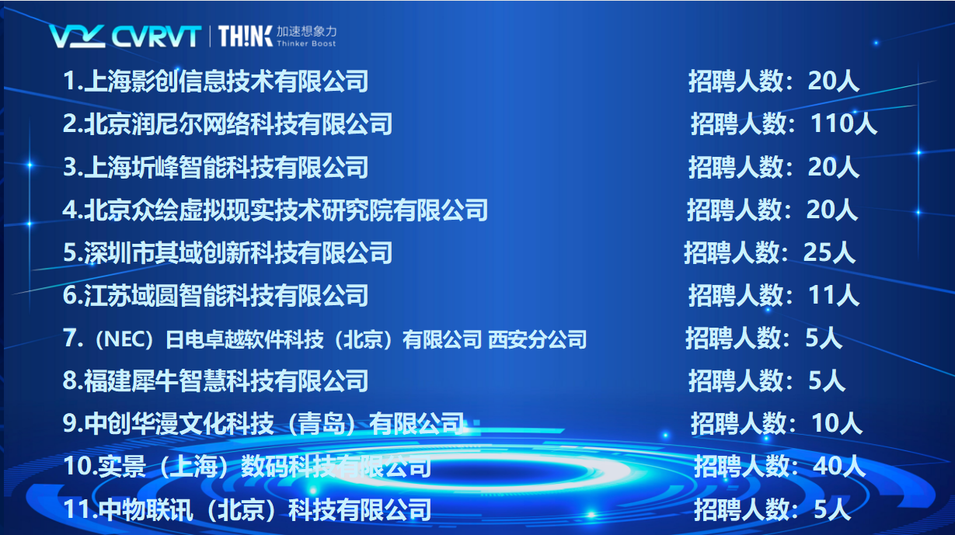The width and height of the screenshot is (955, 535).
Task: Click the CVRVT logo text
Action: coord(156,36)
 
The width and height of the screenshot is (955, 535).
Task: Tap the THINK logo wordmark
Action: coord(245,36)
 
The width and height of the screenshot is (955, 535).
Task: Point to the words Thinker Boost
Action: coord(306,43)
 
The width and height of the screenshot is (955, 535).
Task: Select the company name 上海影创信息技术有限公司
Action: coord(226,81)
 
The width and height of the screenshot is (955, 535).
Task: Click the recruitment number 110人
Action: coord(844,124)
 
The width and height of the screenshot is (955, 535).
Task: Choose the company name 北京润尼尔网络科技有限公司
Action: coord(238,124)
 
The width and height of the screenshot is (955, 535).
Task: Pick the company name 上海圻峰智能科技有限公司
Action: coord(226,167)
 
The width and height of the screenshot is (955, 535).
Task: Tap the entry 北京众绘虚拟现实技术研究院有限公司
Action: coord(286,210)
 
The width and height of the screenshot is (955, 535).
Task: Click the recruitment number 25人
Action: coord(829,252)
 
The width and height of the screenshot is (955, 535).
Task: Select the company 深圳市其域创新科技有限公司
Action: coord(238,252)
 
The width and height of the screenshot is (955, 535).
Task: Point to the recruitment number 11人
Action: coord(834,295)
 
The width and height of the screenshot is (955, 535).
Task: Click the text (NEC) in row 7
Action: coord(124,339)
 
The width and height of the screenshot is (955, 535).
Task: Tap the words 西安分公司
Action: coord(537,339)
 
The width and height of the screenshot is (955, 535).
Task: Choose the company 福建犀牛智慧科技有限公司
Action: coord(226,380)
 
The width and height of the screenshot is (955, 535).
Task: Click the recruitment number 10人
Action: coord(836,423)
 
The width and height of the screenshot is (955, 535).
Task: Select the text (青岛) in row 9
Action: coord(322,424)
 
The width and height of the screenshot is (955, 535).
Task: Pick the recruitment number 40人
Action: coord(839,466)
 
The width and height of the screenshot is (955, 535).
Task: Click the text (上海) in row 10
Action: coord(193,467)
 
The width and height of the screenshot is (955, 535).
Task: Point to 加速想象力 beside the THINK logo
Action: coord(306,31)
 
